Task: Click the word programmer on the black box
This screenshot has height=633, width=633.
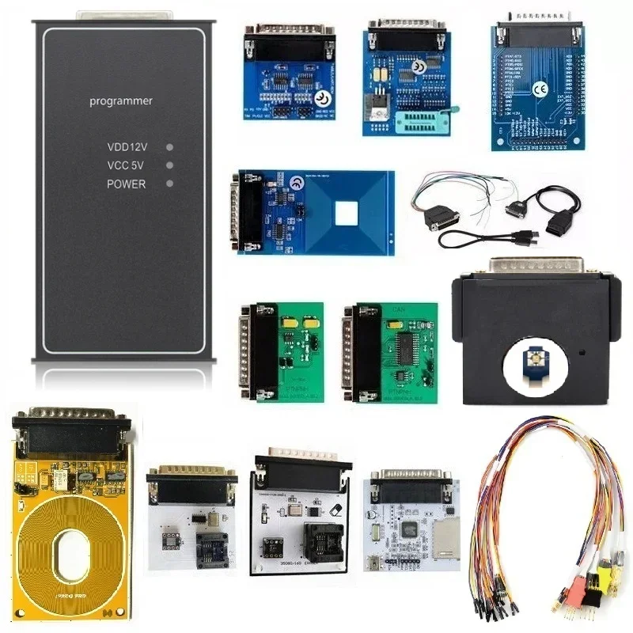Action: coord(121,101)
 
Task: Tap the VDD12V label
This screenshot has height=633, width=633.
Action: coord(127,147)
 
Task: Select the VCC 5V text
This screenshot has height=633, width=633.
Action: coord(127,165)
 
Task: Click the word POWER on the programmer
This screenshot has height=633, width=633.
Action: coord(127,184)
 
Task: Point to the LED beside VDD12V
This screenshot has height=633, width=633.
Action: coord(169,147)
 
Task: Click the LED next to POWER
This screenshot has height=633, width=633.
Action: coord(169,184)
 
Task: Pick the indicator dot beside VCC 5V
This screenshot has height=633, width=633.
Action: coord(169,165)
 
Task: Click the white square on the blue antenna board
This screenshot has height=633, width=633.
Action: coord(345,211)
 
